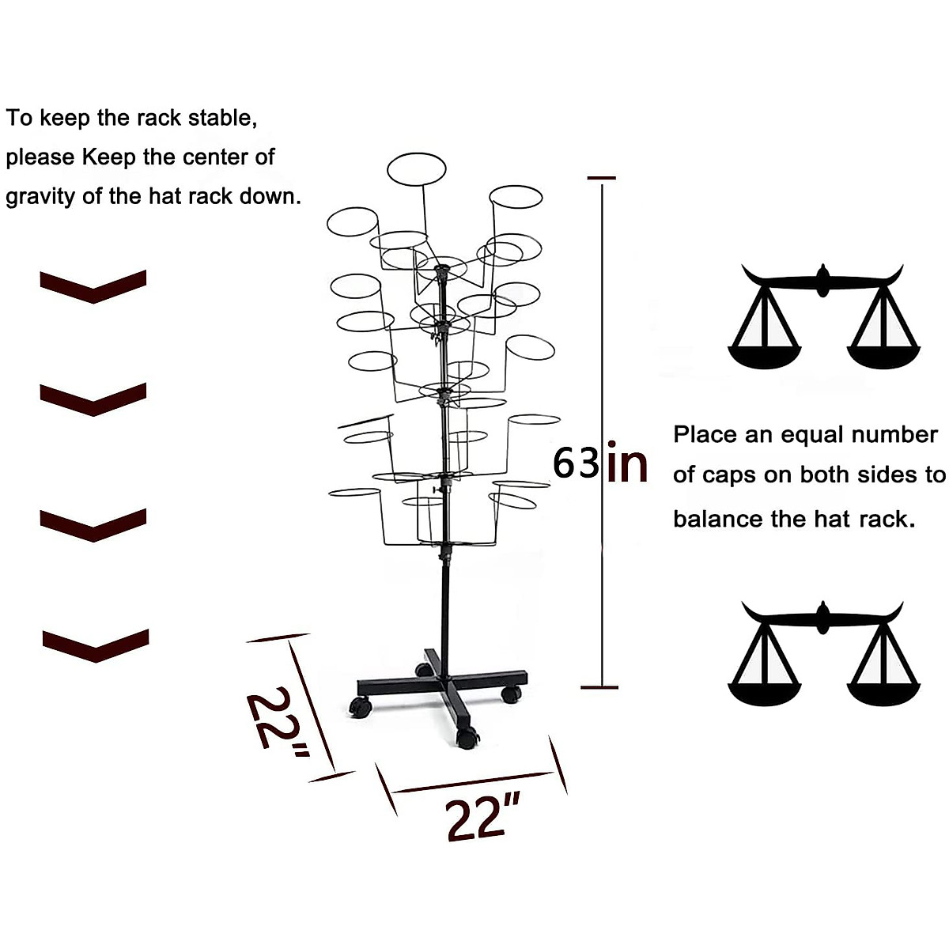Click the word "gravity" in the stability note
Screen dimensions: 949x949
[x=41, y=196]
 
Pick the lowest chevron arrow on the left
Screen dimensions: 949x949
[x=95, y=645]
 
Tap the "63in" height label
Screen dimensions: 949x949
[x=599, y=463]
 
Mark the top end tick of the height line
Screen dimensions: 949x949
[x=602, y=179]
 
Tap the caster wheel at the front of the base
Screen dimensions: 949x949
[x=467, y=739]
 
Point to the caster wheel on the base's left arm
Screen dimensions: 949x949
[x=361, y=706]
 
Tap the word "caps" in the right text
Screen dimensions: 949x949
[x=732, y=475]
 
